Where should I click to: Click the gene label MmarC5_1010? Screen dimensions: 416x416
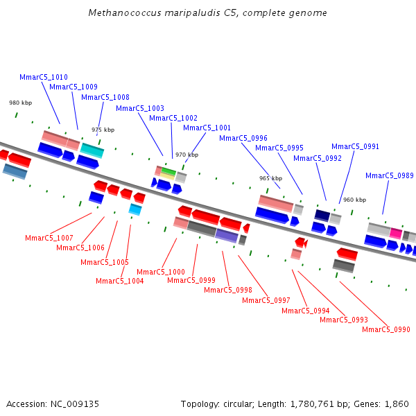pos(44,77)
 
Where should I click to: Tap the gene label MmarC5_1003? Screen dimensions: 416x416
pos(140,108)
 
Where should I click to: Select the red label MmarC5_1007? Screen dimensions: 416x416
pos(49,238)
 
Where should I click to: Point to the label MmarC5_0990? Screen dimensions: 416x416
pos(386,329)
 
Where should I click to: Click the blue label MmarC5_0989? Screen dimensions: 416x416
pos(390,175)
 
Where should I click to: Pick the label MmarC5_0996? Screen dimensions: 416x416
pos(243,138)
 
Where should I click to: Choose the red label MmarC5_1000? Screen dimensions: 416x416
pos(161,272)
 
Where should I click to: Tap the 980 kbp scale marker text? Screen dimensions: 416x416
pos(20,103)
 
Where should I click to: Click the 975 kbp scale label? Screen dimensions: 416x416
pos(103,130)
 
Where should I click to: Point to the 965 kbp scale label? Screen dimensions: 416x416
pos(270,178)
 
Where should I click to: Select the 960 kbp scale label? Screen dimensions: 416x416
pos(354,200)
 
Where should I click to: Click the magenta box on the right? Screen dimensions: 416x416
pos(396,233)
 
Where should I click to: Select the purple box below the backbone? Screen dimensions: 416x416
pos(227,235)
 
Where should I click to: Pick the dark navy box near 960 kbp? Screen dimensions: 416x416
pos(322,215)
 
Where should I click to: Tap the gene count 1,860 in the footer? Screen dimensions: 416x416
pos(397,404)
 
